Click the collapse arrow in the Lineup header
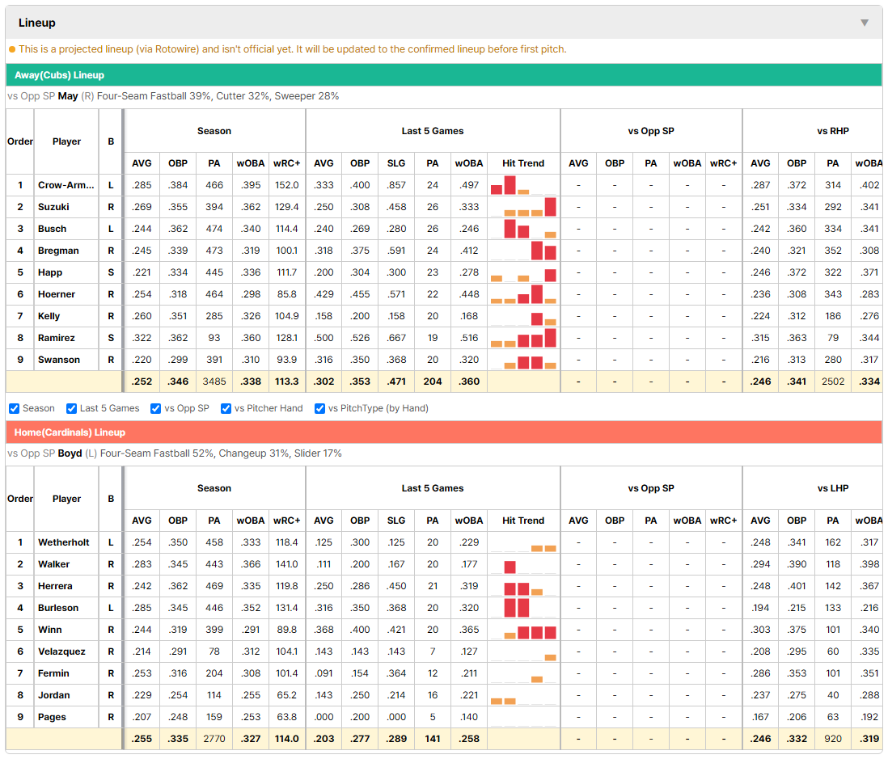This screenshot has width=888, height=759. pos(865,23)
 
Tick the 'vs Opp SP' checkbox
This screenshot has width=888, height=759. pos(156,409)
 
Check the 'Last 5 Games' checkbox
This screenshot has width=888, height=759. pos(71,409)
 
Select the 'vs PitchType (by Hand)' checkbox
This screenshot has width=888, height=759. pos(319,409)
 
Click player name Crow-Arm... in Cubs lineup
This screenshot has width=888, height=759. pos(66,185)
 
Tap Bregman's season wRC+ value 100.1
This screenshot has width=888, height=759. pos(286,251)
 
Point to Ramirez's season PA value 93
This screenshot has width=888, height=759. pos(214,338)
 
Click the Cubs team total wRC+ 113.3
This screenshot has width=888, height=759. pos(286,382)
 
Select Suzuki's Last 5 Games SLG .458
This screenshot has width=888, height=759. pos(396,207)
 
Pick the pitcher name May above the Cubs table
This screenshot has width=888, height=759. pos(68,96)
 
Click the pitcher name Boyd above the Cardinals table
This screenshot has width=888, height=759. pos(70,453)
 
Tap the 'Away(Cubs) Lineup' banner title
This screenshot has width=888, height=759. pos(60,75)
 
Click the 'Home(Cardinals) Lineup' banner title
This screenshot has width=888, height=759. pos(70,432)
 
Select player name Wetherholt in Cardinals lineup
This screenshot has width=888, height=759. pos(63,542)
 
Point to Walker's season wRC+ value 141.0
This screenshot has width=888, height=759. pos(286,564)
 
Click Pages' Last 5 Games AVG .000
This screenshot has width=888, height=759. pos(324,717)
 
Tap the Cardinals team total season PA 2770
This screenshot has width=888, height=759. pos(214,739)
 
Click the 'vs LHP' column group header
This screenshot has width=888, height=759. pos(833,488)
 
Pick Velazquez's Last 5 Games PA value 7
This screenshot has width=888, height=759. pos(433,651)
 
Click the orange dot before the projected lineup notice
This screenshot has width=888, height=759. pos(12,49)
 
